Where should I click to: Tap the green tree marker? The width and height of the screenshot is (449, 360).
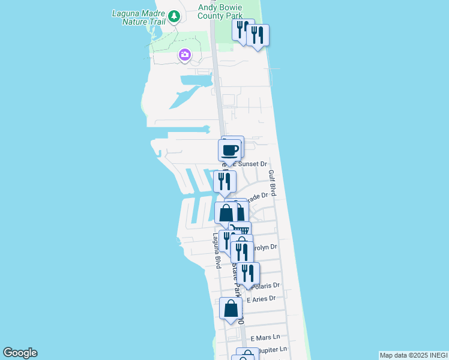pos(174,16)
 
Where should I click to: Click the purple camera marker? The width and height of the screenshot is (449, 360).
pos(184,56)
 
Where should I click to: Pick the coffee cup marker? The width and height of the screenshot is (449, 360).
pos(230,150)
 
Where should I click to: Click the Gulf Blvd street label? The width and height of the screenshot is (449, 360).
pos(272,182)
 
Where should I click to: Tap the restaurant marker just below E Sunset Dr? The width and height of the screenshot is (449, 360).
pos(224,181)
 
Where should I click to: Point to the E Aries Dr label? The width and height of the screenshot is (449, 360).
pos(261,298)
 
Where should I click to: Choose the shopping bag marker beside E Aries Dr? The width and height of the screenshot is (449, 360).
pos(231,308)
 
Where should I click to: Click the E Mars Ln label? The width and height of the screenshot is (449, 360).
pos(265,338)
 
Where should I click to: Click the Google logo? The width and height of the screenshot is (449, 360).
pos(20,353)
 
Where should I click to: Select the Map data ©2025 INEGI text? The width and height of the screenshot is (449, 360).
pos(414,355)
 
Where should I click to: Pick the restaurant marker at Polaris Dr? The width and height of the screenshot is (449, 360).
pos(248,273)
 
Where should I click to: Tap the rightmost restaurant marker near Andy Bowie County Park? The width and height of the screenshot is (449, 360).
pos(258,35)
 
